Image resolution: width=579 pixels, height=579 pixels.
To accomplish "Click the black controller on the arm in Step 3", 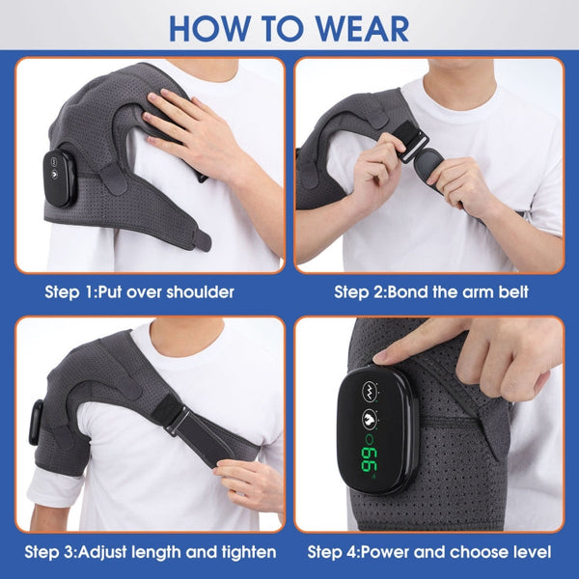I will coord(37,422).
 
